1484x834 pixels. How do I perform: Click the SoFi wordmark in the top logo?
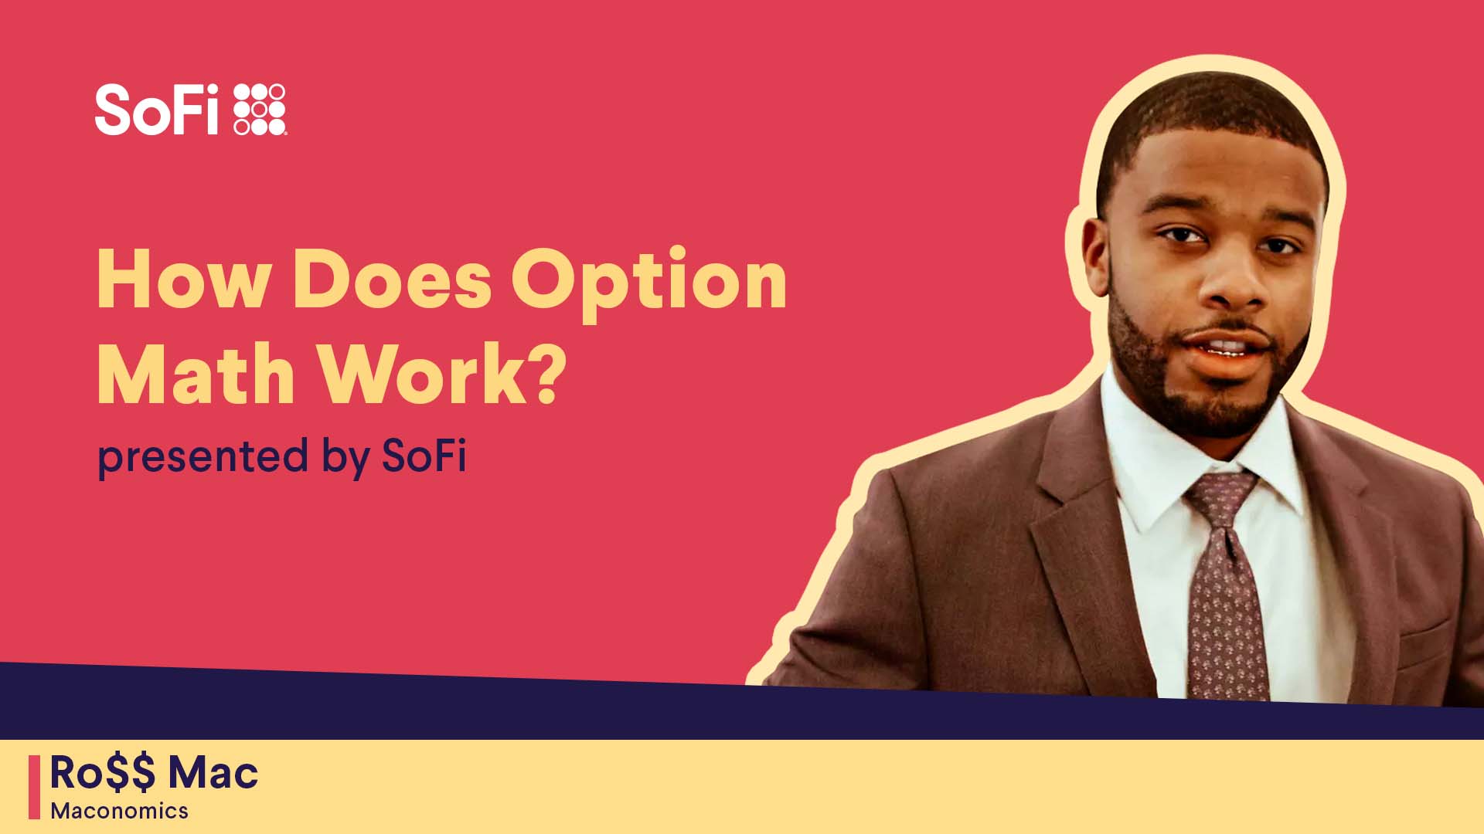(x=157, y=110)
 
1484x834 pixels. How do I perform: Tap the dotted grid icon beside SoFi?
(x=260, y=110)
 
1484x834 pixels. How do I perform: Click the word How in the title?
(x=182, y=280)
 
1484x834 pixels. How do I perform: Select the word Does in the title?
(x=392, y=280)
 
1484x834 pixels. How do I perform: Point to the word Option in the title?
(x=648, y=286)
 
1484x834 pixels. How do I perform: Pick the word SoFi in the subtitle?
(x=424, y=455)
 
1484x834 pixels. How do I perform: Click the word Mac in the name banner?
(x=213, y=773)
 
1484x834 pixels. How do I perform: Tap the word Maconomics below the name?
(x=120, y=811)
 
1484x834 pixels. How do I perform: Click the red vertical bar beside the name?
(x=34, y=787)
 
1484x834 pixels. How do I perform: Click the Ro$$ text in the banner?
(x=102, y=773)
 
